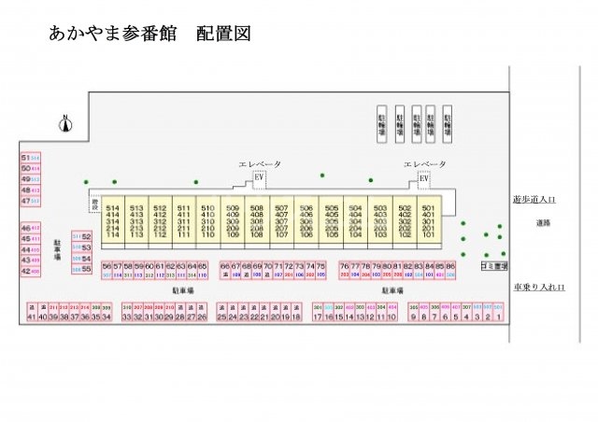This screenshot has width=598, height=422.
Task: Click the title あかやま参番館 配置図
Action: [x=149, y=35]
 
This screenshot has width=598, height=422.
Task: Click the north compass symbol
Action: [x=65, y=121]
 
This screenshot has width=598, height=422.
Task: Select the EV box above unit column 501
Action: [x=423, y=179]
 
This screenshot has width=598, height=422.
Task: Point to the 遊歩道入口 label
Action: [x=534, y=199]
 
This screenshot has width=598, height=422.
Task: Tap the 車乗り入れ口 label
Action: [x=539, y=287]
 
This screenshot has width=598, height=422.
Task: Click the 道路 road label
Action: [x=543, y=222]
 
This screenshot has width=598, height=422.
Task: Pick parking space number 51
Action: [x=25, y=158]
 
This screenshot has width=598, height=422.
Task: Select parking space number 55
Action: [x=86, y=269]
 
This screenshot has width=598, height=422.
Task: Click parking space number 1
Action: [x=500, y=316]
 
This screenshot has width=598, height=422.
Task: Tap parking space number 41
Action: [x=31, y=316]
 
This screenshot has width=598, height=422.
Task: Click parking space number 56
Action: [x=107, y=266]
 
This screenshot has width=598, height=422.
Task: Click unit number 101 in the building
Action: [x=428, y=233]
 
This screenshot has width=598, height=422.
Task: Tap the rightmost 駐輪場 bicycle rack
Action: [x=448, y=124]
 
